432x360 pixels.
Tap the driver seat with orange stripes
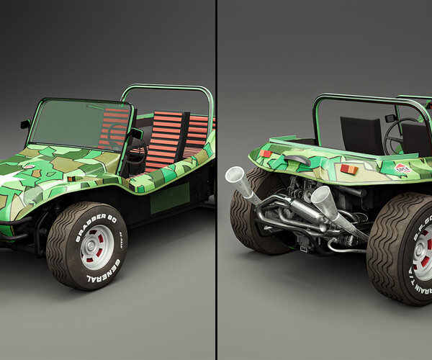click(168, 137)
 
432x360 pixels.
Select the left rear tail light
click(266, 153)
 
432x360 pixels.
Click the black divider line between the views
click(217, 180)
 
